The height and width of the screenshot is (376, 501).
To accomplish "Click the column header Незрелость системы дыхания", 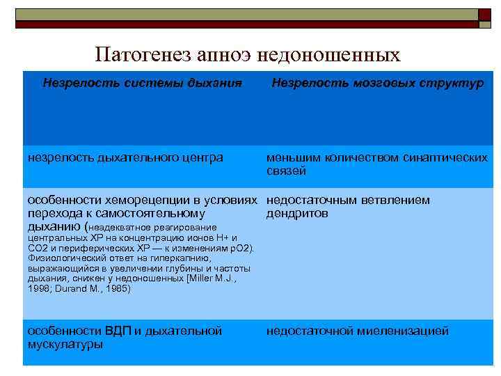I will pyautogui.click(x=142, y=84).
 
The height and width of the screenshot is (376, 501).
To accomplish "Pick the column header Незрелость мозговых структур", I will pyautogui.click(x=377, y=84).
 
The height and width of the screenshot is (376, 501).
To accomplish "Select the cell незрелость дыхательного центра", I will pyautogui.click(x=125, y=158).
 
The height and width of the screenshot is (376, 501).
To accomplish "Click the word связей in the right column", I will pyautogui.click(x=286, y=171).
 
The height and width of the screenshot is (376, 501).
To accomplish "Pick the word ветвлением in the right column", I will pyautogui.click(x=395, y=201).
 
